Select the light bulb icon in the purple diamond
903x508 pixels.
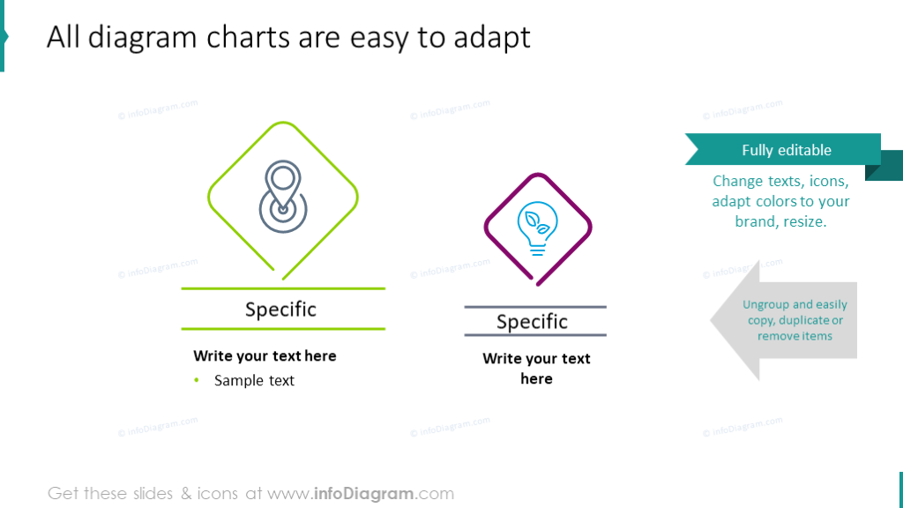coord(536,228)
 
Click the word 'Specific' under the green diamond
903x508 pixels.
coord(280,310)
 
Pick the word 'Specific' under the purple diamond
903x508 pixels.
coord(532,322)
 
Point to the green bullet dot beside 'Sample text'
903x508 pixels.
coord(197,381)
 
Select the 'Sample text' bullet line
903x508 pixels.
coord(254,381)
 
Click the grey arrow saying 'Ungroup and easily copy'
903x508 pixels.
coord(785,320)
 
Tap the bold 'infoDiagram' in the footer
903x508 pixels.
coord(364,494)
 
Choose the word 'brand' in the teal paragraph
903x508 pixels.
coord(757,221)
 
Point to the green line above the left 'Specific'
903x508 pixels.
coord(283,288)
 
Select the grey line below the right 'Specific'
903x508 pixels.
coord(535,335)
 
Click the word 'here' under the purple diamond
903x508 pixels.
coord(536,379)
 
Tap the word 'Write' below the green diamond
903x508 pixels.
coord(213,356)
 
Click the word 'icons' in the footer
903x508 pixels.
coord(218,494)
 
